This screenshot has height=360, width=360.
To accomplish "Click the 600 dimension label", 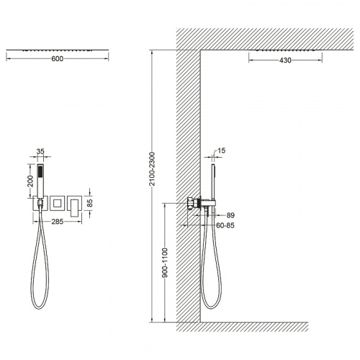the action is click(x=57, y=59).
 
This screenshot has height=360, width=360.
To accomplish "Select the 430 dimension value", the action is click(x=285, y=60).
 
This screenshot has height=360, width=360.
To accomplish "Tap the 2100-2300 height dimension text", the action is click(x=152, y=168).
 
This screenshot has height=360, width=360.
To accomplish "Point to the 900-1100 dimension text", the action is click(x=165, y=263).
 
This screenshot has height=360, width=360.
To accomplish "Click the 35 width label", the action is click(x=40, y=151).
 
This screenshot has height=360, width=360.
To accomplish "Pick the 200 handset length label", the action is click(x=30, y=181).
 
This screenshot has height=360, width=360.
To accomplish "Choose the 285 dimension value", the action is click(x=58, y=222).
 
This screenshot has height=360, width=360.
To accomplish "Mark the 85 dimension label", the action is click(x=90, y=203).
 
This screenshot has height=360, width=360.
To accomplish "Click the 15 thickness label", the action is click(x=222, y=150).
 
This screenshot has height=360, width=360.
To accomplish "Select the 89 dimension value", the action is click(x=230, y=215).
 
